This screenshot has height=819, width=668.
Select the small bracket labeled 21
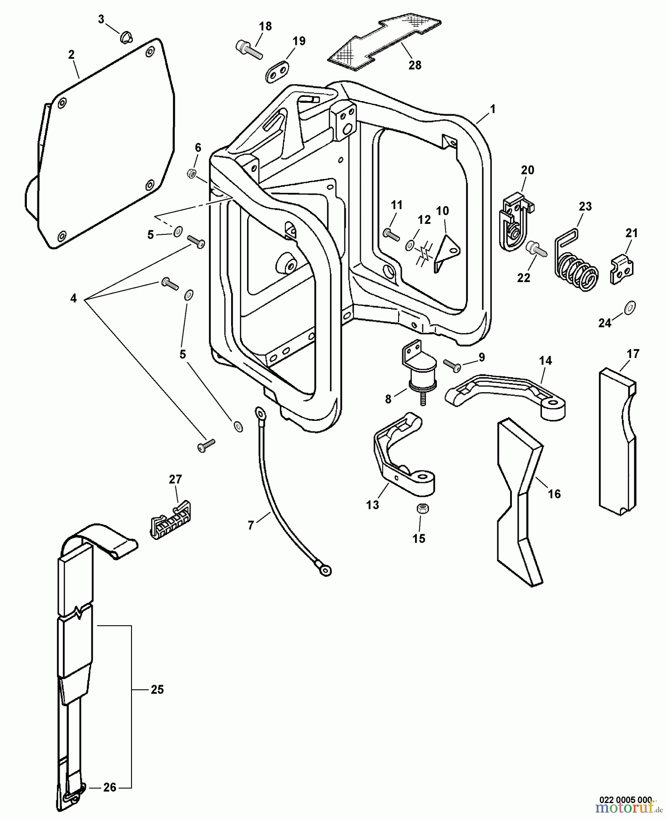[622, 270]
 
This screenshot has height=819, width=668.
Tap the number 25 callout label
[157, 690]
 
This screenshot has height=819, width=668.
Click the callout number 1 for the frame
[492, 110]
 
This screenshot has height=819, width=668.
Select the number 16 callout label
[554, 494]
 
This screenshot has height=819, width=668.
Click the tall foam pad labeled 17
[617, 437]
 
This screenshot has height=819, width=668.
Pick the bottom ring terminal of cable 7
[325, 570]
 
